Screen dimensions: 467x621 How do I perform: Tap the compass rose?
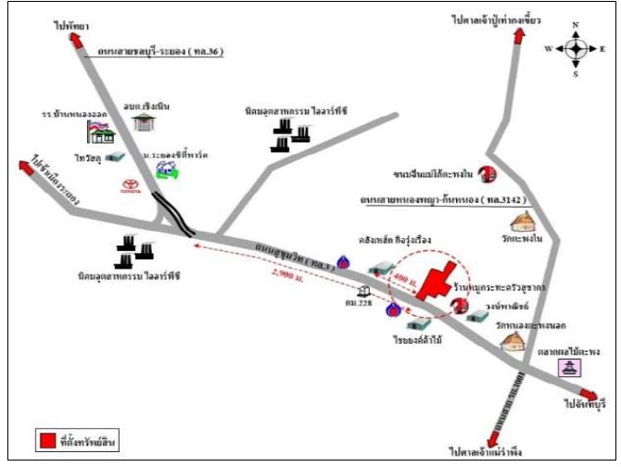coord(575,47)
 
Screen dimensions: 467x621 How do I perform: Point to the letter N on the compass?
coord(575,25)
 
